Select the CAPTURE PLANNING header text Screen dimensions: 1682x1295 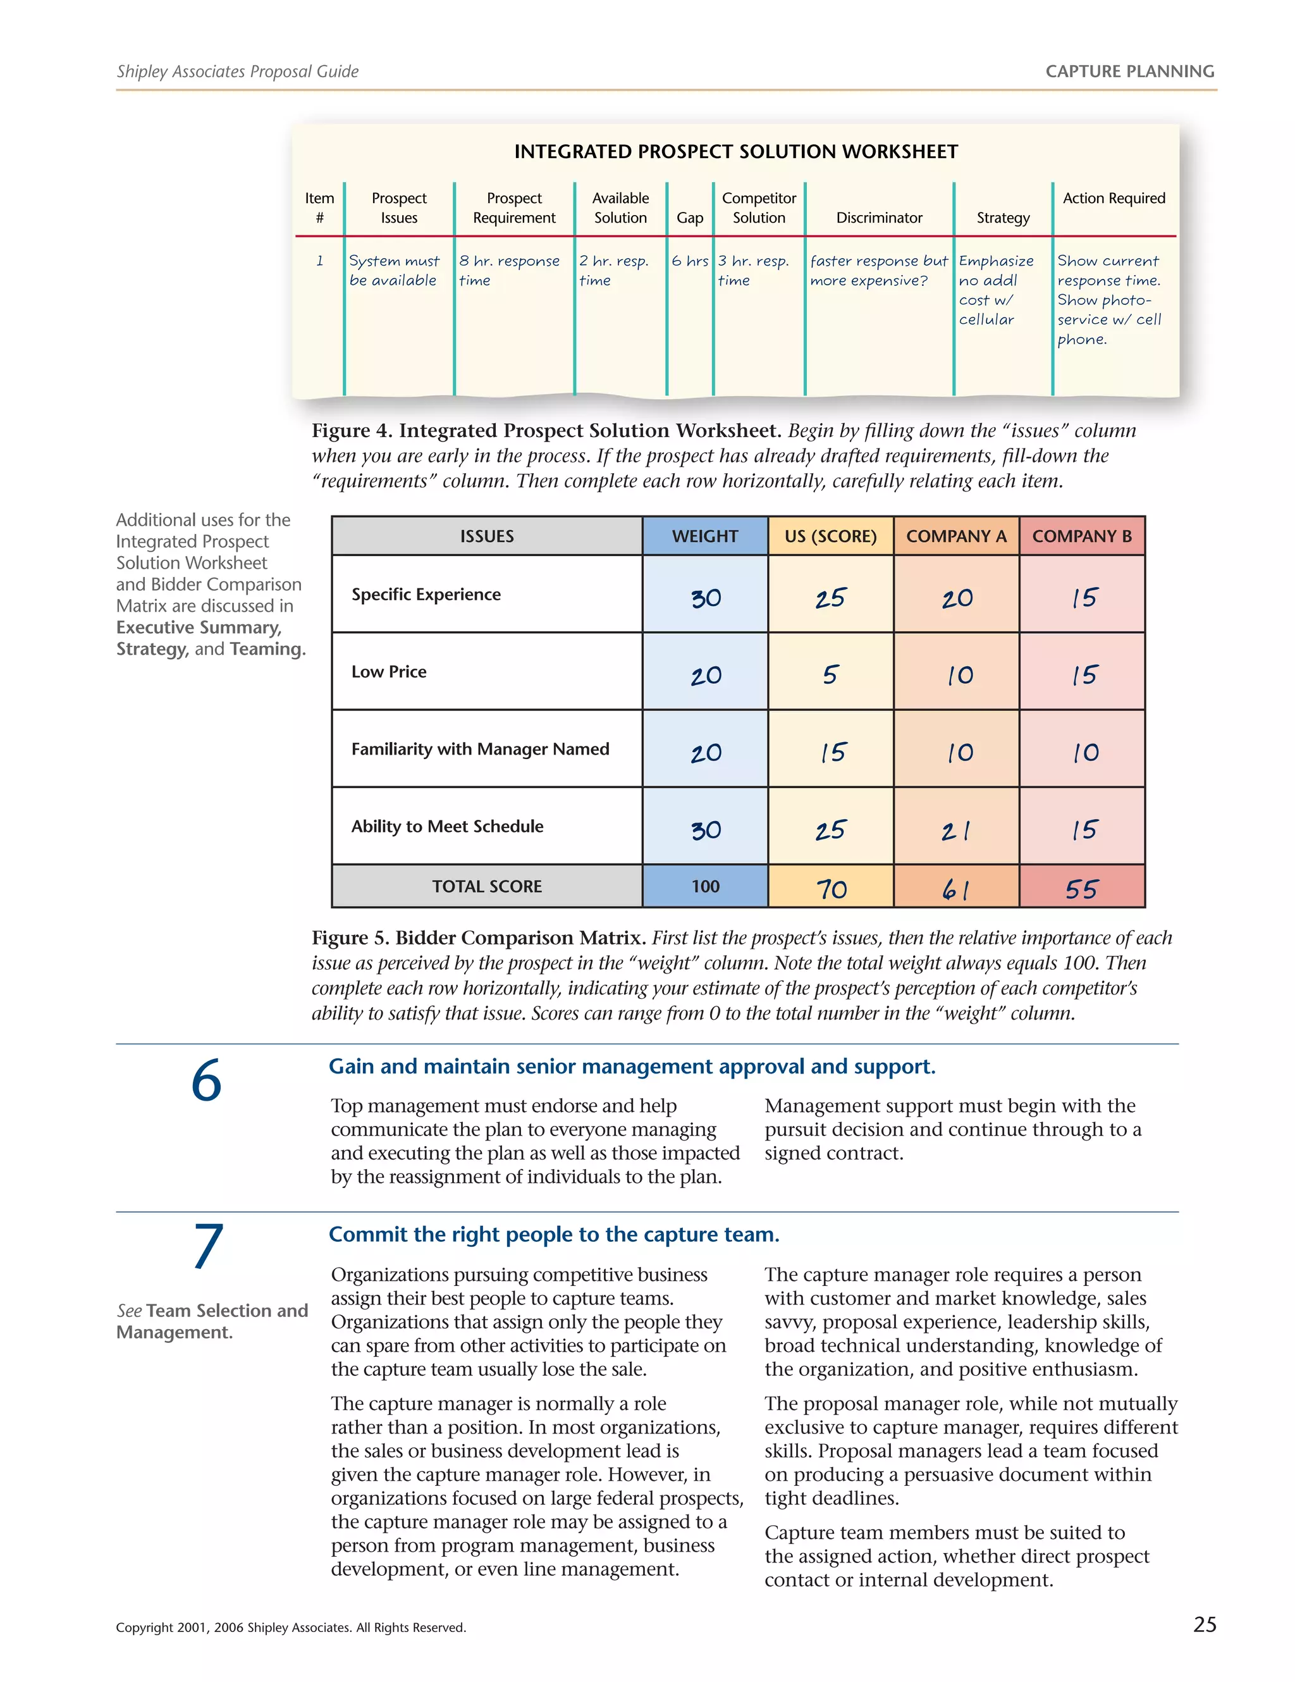coord(1129,71)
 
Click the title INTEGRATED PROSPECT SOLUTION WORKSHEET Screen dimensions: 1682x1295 coord(735,152)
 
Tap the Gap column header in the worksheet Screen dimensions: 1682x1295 coord(689,218)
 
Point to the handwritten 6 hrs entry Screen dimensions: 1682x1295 coord(689,261)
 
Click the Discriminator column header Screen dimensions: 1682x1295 coord(878,218)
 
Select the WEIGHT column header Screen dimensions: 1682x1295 coord(704,536)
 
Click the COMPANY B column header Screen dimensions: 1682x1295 coord(1081,536)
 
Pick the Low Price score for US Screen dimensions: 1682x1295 coord(830,675)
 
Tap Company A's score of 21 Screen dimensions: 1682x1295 coord(955,830)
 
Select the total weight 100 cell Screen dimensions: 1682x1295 coord(704,886)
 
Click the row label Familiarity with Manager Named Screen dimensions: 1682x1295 coord(480,748)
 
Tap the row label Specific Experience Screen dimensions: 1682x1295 coord(426,595)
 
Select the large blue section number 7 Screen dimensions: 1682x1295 coord(207,1246)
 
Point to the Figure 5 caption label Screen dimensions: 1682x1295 coord(477,937)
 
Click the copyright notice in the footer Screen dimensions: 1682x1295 coord(290,1628)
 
